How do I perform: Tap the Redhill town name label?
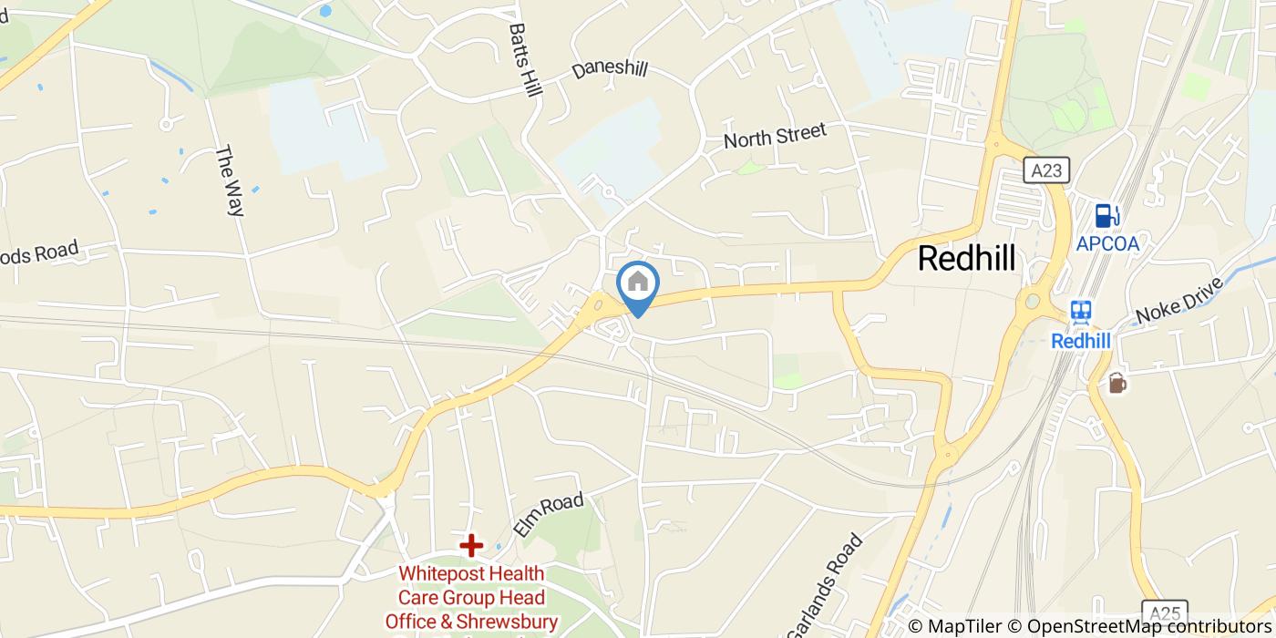click(966, 258)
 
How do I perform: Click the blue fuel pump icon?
click(1106, 216)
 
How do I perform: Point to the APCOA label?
click(1107, 243)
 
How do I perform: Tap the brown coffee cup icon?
click(1116, 384)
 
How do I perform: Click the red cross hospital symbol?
click(471, 546)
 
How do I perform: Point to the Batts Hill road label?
click(526, 65)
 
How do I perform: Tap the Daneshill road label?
click(610, 70)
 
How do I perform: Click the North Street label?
click(775, 136)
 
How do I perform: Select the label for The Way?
click(230, 181)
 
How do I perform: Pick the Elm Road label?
click(547, 515)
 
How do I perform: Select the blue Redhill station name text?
click(1081, 341)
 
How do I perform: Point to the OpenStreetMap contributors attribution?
click(1149, 626)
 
